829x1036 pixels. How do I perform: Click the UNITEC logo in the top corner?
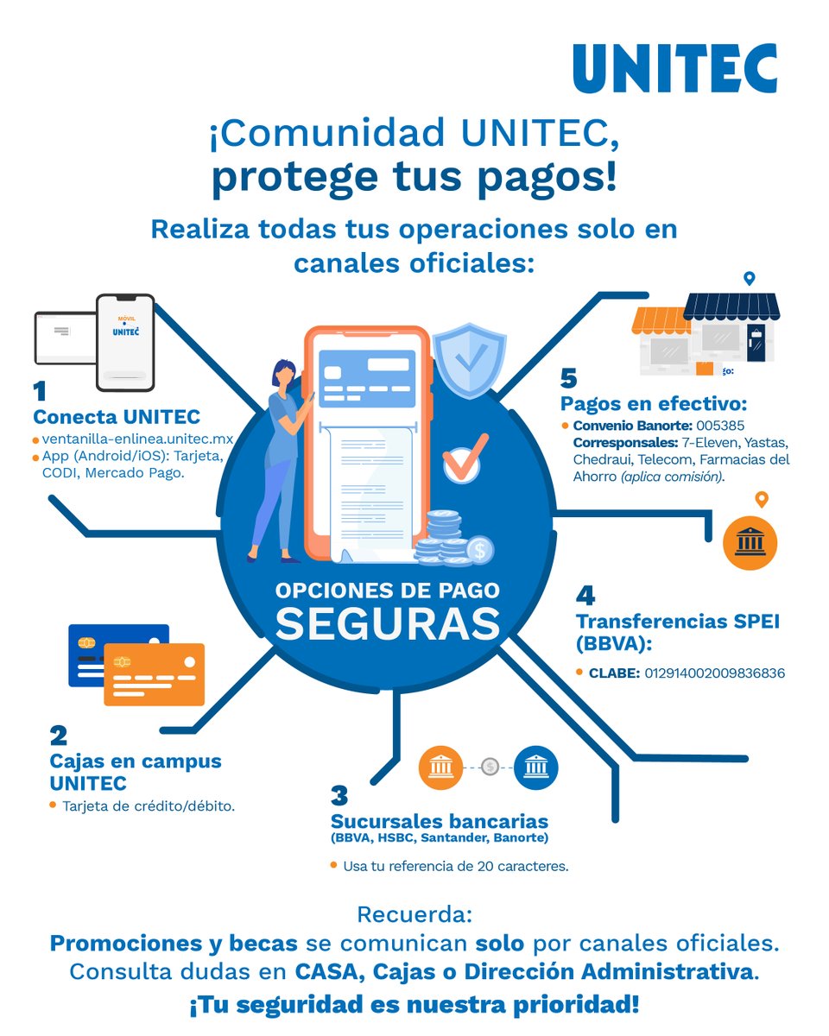click(x=674, y=68)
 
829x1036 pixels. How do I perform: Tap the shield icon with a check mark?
click(x=469, y=361)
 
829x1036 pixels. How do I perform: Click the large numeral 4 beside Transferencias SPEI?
click(x=585, y=595)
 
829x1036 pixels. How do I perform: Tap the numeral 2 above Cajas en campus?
click(x=59, y=736)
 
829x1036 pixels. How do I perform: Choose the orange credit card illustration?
click(x=154, y=673)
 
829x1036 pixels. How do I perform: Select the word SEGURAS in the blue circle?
click(x=387, y=623)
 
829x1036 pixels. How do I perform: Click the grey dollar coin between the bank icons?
click(x=490, y=767)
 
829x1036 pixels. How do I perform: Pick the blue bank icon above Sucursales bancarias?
click(x=535, y=767)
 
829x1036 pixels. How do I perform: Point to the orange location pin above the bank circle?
click(x=761, y=499)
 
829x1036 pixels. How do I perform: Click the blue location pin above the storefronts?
click(x=749, y=279)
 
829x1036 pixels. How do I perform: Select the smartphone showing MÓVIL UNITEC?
click(x=125, y=342)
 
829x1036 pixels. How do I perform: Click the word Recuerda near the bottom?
click(x=414, y=914)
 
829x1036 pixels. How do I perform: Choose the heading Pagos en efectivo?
click(x=653, y=404)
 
